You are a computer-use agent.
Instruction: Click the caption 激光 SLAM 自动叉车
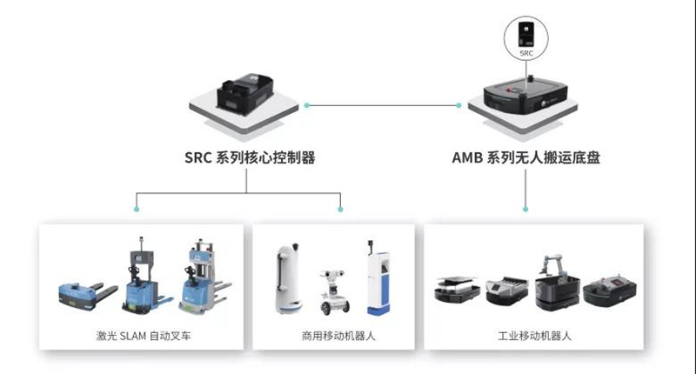[x=140, y=335]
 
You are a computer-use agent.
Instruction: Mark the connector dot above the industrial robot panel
[x=525, y=209]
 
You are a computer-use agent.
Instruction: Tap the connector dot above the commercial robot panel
[x=340, y=209]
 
